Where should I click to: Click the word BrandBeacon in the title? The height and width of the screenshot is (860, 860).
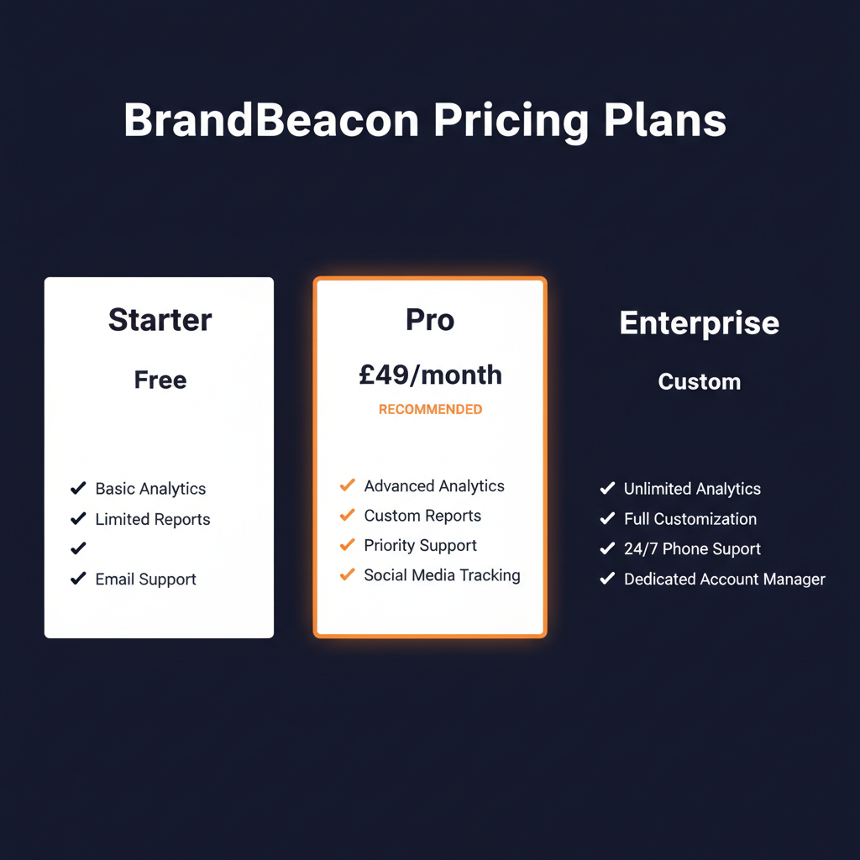coord(270,121)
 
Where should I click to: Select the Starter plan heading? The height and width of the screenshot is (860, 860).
coord(160,320)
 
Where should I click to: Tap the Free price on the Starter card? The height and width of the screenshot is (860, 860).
coord(160,380)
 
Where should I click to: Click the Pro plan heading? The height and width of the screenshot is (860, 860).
coord(429,320)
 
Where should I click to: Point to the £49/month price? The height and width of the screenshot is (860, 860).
coord(430,375)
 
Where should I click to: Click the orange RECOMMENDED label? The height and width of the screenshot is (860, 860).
coord(430,410)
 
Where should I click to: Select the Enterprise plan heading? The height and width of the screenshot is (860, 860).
coord(699,323)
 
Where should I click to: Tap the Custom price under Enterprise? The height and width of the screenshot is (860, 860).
coord(699,382)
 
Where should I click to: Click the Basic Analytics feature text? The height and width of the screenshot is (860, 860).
coord(150,489)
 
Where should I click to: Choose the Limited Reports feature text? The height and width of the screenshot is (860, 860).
coord(153,519)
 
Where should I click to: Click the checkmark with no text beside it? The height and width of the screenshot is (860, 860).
coord(78,548)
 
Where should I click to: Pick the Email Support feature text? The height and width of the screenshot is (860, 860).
coord(145,579)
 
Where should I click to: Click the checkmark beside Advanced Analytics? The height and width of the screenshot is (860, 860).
coord(347,485)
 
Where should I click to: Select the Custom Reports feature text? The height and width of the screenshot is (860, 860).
coord(422,516)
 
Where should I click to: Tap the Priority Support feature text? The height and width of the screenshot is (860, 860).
coord(420,546)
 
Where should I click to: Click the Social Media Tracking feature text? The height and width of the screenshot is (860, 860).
coord(442,575)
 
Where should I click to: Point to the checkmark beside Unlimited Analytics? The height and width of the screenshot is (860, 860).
coord(607,488)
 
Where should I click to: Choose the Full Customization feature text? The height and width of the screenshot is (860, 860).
coord(690,519)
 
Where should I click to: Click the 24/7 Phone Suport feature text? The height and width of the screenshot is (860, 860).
coord(692,549)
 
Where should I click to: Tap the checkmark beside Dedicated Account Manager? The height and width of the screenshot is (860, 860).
coord(607,579)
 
